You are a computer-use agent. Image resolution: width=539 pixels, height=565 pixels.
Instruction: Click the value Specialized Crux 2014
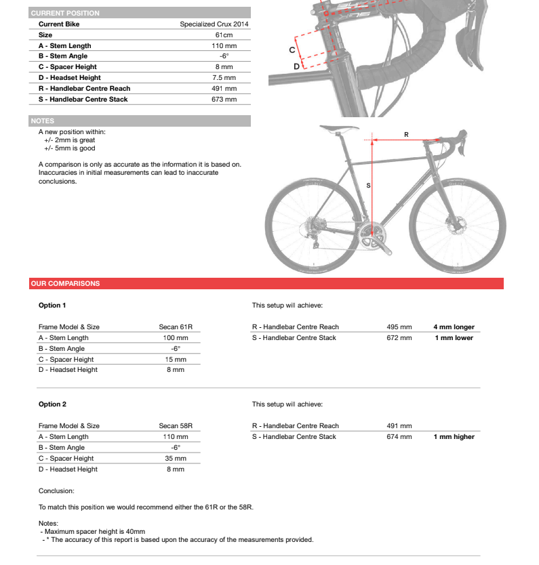point(214,24)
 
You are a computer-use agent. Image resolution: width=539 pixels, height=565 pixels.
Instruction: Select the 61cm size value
point(224,35)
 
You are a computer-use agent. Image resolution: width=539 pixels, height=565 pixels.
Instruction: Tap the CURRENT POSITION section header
point(65,13)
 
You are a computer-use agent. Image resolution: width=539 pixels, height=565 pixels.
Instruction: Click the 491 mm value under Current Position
point(224,88)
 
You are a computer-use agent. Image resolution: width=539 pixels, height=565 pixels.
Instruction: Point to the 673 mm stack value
point(224,99)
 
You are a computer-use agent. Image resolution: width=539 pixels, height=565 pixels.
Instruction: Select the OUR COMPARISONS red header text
point(65,283)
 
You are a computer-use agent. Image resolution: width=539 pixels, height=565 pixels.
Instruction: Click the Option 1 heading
point(52,305)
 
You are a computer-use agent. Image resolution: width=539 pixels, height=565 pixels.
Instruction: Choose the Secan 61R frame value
point(176,327)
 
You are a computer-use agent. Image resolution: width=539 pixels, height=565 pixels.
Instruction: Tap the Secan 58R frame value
point(176,425)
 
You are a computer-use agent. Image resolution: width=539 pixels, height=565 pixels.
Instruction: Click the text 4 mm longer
point(454,327)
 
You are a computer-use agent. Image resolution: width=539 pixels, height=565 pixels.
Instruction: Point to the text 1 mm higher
point(454,436)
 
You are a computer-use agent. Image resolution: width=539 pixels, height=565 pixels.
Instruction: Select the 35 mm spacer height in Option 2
point(176,458)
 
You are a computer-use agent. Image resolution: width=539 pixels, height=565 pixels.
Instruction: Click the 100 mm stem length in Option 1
point(176,337)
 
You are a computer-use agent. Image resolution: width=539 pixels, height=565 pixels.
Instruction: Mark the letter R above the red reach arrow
point(406,134)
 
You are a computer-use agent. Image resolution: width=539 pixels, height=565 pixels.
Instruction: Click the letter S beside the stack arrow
point(368,184)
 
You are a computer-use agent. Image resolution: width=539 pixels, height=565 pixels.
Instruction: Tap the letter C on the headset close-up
point(292,50)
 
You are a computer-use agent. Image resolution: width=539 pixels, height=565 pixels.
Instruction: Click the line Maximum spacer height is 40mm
point(94,532)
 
